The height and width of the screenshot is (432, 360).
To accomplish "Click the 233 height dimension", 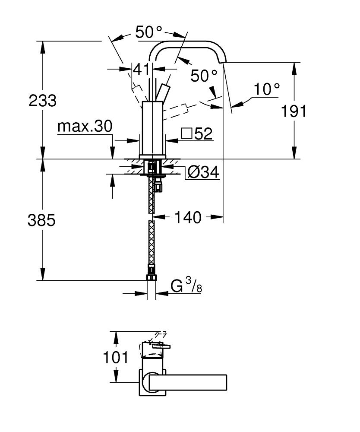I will click(x=42, y=101).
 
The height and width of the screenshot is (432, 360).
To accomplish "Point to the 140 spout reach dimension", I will click(x=188, y=217).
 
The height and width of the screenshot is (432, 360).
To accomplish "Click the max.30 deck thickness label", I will click(x=85, y=126).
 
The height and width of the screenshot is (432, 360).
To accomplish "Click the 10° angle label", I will click(x=266, y=89).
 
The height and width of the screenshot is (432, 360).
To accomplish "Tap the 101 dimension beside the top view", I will click(x=115, y=357).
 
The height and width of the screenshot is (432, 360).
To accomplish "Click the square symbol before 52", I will click(x=186, y=134).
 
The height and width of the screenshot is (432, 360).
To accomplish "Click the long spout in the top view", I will click(x=190, y=381).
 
